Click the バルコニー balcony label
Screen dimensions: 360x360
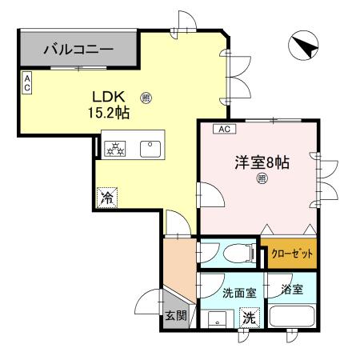(x=78, y=49)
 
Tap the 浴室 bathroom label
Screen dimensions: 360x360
(x=292, y=290)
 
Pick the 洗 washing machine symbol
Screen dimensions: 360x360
(x=249, y=317)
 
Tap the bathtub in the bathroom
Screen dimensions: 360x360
(x=293, y=316)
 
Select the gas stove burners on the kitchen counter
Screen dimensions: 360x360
(x=114, y=148)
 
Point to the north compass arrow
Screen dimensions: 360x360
(x=304, y=46)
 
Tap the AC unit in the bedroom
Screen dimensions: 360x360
(x=223, y=129)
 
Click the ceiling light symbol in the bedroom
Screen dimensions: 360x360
(x=262, y=180)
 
